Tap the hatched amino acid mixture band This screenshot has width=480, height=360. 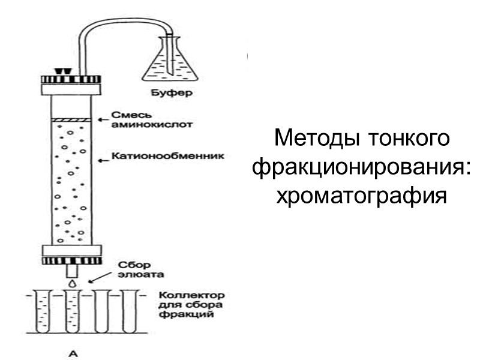pyautogui.click(x=71, y=121)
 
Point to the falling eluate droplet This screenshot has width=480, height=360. pyautogui.click(x=72, y=280)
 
